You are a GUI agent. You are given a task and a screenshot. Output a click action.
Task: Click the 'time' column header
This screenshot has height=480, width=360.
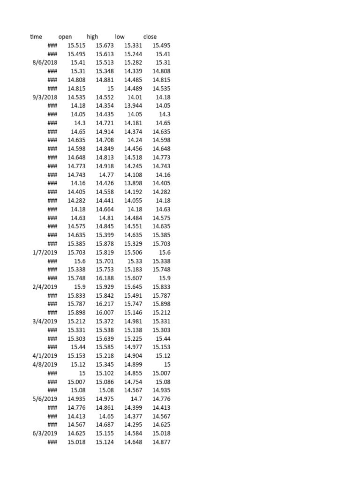36,37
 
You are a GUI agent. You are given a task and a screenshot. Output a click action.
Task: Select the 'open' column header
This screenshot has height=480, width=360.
65,37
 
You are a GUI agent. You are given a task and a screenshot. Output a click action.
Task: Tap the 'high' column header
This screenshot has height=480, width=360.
92,37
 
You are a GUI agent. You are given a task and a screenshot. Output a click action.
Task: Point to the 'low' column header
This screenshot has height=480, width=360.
120,37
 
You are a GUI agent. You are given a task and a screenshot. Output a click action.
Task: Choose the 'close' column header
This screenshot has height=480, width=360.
150,37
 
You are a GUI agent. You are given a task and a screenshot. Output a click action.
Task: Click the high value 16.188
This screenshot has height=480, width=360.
105,278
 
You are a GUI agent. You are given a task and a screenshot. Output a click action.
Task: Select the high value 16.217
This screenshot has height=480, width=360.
105,304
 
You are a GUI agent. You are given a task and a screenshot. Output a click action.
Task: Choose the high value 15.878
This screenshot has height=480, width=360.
105,244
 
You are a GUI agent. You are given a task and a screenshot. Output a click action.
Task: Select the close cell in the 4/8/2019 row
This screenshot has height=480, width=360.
167,364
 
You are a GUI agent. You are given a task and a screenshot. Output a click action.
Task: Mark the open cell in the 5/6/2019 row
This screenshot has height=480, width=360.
76,399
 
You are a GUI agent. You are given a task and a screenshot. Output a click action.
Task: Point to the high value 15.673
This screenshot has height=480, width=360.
105,45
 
